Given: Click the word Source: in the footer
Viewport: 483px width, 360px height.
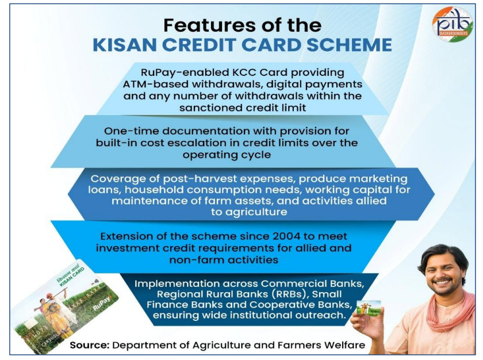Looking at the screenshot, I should (x=90, y=345).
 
